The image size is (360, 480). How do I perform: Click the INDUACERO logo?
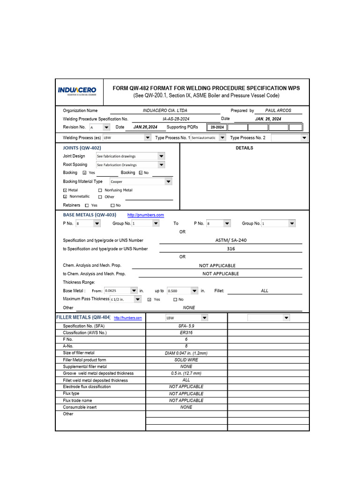pyautogui.click(x=77, y=90)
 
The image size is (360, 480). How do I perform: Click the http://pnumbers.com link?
pyautogui.click(x=146, y=215)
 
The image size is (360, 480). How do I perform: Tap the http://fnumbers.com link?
pyautogui.click(x=127, y=318)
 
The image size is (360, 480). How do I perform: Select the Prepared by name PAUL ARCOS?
pyautogui.click(x=278, y=111)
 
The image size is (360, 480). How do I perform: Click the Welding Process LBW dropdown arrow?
pyautogui.click(x=147, y=138)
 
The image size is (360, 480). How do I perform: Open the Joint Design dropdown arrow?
pyautogui.click(x=161, y=156)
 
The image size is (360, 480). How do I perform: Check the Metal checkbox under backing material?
pyautogui.click(x=65, y=190)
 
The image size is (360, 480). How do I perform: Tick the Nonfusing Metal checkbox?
pyautogui.click(x=100, y=190)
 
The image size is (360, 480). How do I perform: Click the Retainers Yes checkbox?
pyautogui.click(x=87, y=205)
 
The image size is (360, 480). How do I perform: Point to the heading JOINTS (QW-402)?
pyautogui.click(x=82, y=148)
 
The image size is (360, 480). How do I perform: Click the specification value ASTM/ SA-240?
pyautogui.click(x=231, y=240)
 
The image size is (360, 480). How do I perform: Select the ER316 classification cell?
pyautogui.click(x=186, y=332)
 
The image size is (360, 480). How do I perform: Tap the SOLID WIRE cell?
pyautogui.click(x=186, y=360)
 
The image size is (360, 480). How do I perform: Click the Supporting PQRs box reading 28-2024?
pyautogui.click(x=217, y=127)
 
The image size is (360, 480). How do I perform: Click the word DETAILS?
pyautogui.click(x=244, y=148)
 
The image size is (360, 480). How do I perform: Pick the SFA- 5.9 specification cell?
pyautogui.click(x=186, y=326)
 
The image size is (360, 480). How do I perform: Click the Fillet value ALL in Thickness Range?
pyautogui.click(x=265, y=291)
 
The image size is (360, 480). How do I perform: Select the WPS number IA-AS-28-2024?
pyautogui.click(x=173, y=119)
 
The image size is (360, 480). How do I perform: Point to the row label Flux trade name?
pyautogui.click(x=77, y=400)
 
